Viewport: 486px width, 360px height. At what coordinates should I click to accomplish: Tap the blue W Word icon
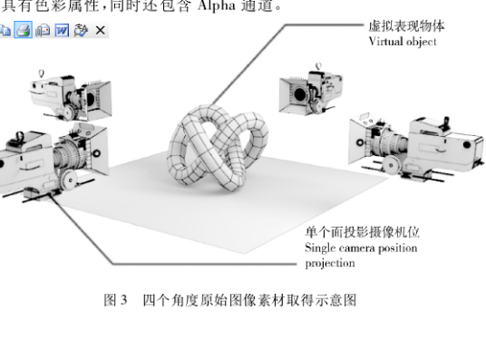(x=61, y=30)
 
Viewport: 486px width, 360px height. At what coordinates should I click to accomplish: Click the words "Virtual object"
(x=403, y=42)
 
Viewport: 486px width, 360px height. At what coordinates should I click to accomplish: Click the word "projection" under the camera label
(x=329, y=263)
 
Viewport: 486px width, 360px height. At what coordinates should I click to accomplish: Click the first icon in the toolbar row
(x=5, y=30)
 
